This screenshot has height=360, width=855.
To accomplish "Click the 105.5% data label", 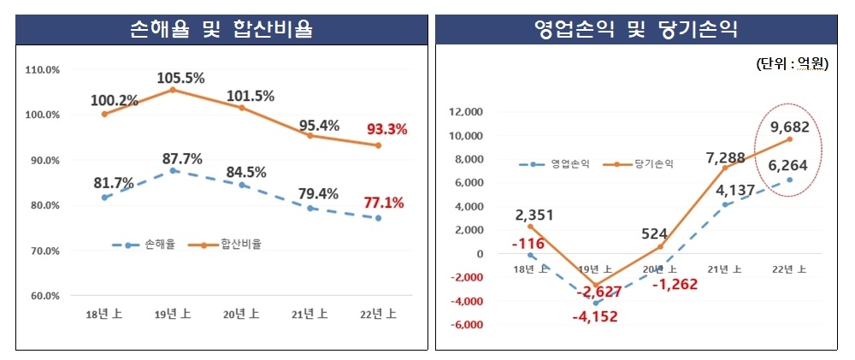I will tap(180, 79).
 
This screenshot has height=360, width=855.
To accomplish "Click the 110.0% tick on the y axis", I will tap(42, 69).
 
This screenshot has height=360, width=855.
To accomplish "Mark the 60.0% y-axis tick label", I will tap(42, 296).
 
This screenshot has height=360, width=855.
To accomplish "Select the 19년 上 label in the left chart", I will tap(173, 315).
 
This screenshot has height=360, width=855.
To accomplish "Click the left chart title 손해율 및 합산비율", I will tap(221, 31).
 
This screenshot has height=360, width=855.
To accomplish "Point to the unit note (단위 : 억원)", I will tap(792, 64).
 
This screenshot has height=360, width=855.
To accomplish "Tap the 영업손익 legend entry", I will tap(549, 164).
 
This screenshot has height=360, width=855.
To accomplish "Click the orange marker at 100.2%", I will tap(104, 114).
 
